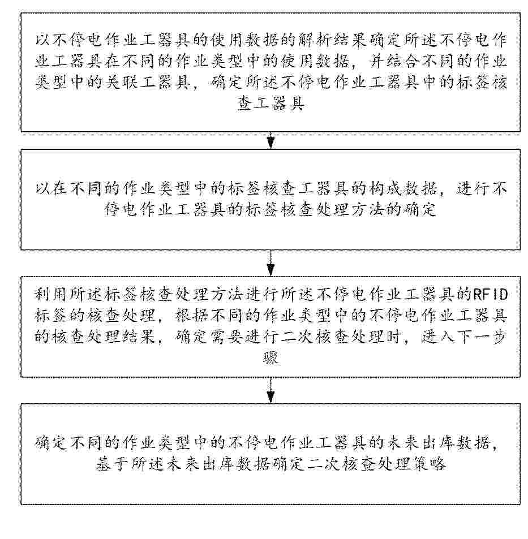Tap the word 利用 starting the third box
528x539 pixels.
tap(47, 295)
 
